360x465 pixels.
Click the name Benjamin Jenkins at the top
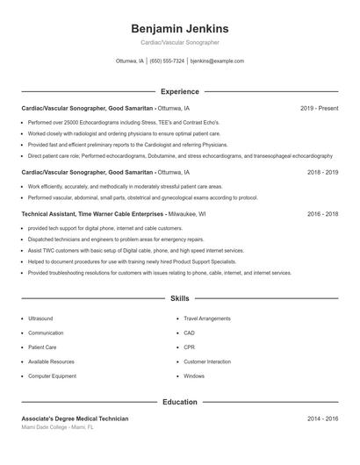179,29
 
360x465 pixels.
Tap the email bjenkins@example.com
217,61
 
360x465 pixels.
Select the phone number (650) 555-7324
167,61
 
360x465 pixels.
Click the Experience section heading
179,91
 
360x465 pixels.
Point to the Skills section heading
179,299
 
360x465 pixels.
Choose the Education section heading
179,402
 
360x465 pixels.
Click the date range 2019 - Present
319,108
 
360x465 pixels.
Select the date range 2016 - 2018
322,213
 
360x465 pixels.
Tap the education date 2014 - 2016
322,418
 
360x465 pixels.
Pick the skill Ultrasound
40,318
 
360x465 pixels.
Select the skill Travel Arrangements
207,318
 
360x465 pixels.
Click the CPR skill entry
189,347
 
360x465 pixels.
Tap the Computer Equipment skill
52,376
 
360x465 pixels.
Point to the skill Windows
194,376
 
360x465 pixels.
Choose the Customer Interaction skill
207,361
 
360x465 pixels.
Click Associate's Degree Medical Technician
75,418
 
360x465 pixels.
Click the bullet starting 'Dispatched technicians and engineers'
116,239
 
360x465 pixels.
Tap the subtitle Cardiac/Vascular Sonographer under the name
179,42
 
